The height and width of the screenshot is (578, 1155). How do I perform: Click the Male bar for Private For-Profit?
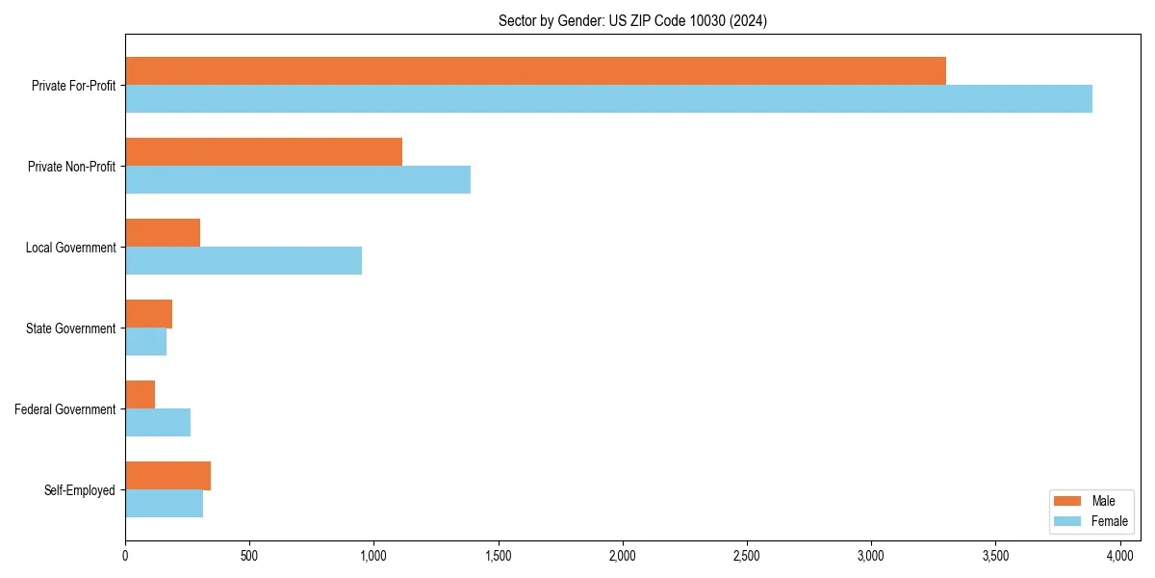point(535,70)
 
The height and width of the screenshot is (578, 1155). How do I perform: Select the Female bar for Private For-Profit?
point(608,98)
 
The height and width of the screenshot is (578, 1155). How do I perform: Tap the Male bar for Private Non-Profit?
point(264,151)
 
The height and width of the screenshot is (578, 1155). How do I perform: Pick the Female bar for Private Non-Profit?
point(297,179)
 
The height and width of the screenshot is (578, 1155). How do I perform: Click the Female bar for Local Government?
point(244,260)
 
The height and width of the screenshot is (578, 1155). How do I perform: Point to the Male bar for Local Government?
point(163,232)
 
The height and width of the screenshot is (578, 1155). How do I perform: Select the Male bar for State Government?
point(148,313)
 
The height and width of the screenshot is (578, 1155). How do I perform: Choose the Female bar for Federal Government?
point(158,422)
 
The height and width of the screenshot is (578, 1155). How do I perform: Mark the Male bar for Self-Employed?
point(167,475)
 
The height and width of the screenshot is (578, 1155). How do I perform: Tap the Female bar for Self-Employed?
point(164,503)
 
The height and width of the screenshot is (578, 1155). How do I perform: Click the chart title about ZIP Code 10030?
point(632,20)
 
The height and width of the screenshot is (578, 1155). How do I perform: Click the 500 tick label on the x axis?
point(249,556)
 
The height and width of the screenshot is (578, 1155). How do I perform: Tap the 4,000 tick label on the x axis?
point(1119,556)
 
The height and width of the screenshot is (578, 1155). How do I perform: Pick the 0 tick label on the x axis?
point(125,556)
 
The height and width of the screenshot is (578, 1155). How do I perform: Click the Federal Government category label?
point(65,409)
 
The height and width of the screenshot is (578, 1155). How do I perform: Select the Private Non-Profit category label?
point(71,167)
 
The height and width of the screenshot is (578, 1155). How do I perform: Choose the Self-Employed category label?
point(80,490)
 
